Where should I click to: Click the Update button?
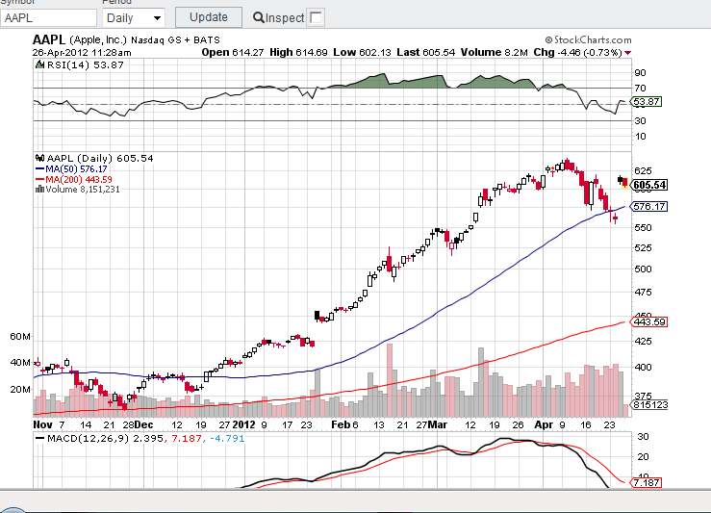[208, 16]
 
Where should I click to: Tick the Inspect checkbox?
[316, 17]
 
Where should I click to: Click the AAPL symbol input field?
[47, 17]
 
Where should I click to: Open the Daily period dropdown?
[134, 17]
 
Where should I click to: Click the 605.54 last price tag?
[650, 185]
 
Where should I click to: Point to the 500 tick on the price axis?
[643, 269]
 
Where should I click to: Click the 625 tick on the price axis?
[643, 170]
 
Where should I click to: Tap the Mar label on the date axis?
[439, 423]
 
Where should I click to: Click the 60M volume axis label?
[20, 337]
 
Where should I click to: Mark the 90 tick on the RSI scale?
[639, 72]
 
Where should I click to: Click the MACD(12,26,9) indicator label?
[83, 438]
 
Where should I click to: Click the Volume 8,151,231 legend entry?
[81, 190]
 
